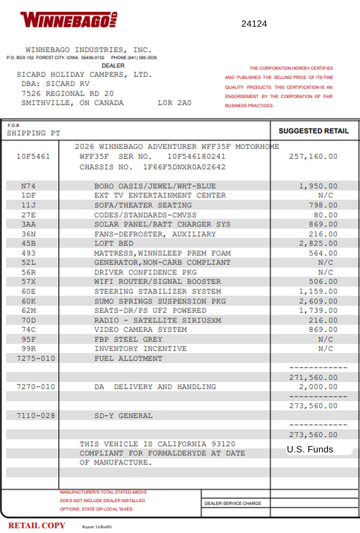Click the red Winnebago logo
pos(69,20)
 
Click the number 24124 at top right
pos(254,24)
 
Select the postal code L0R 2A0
pos(174,103)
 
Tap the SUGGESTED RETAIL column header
pos(313,131)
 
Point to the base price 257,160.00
pos(313,156)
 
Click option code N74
pos(28,186)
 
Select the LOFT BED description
pos(114,243)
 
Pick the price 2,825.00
pos(318,243)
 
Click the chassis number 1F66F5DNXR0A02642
pos(184,167)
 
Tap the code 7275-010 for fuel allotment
pos(36,358)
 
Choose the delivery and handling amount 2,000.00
pos(318,387)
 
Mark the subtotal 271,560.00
pos(313,378)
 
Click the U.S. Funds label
pos(310,449)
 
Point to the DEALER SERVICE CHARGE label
pos(233,503)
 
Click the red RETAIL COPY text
pos(37,525)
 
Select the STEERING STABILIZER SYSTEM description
pos(158,291)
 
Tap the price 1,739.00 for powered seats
pos(318,310)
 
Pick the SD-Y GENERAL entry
pos(123,416)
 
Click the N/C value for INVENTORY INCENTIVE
pos(325,349)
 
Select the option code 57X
pos(29,282)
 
